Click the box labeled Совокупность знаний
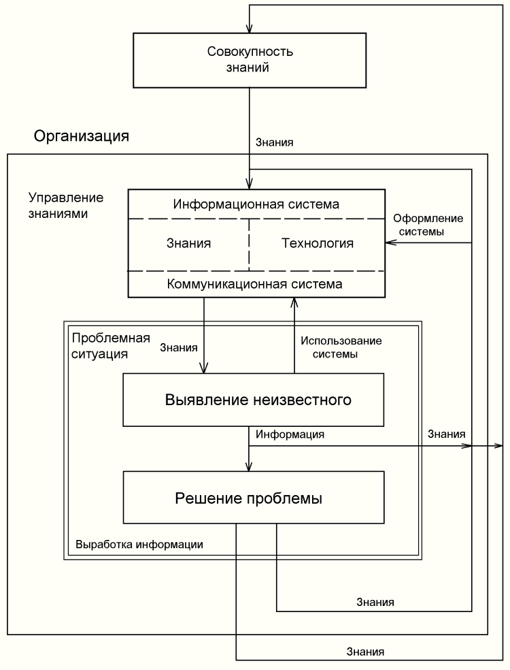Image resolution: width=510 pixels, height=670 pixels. pos(250,61)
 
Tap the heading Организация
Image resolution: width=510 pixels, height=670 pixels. pos(81,137)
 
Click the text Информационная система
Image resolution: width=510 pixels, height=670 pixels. pos(256,204)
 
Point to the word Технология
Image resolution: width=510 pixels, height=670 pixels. pos(318,243)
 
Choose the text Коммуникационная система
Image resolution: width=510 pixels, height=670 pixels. pos(254,283)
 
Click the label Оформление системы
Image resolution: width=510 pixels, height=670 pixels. pos(428,225)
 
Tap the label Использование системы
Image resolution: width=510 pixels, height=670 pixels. pos(342,347)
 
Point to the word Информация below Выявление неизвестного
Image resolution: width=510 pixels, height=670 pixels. pos(290,433)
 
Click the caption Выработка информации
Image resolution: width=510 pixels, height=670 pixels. pos(139,545)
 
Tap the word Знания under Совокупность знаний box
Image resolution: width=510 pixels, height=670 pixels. pos(274,143)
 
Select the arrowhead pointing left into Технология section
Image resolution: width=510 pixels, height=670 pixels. pos(390,243)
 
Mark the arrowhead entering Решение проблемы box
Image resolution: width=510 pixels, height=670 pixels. pos(250,467)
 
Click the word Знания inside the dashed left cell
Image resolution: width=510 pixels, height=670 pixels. pos(188,243)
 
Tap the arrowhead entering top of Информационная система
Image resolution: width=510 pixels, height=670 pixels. pos(250,185)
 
